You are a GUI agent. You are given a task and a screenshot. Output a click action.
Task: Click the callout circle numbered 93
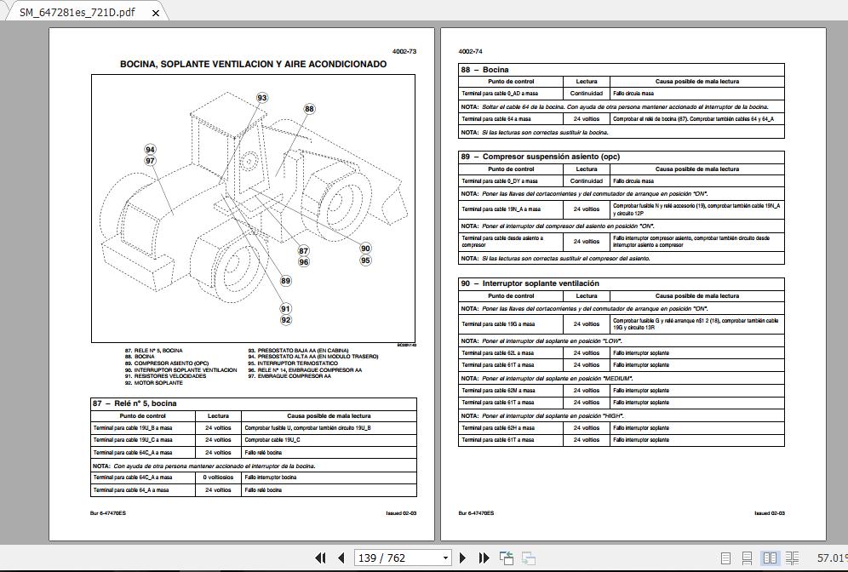(x=262, y=98)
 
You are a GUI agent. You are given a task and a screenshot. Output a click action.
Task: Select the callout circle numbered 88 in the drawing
(x=309, y=109)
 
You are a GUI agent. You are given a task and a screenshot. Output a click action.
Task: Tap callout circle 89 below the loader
(x=285, y=281)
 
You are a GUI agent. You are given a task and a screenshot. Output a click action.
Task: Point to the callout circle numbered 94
(x=150, y=150)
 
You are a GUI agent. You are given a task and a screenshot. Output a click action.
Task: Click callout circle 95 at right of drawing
(x=365, y=260)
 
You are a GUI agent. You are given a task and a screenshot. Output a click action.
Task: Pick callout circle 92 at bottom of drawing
(x=286, y=320)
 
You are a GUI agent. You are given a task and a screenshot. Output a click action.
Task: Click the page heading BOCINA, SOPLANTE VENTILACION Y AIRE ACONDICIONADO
(x=253, y=64)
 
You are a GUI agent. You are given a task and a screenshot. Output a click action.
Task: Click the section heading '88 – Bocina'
(x=485, y=70)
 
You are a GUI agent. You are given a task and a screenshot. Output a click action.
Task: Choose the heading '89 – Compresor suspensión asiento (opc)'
(x=540, y=157)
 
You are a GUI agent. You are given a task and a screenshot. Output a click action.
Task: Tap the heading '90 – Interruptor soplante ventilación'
(x=530, y=283)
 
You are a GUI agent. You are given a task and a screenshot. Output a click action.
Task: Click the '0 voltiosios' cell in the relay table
(x=218, y=478)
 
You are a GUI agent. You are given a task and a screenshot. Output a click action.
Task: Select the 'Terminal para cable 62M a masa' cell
(x=498, y=391)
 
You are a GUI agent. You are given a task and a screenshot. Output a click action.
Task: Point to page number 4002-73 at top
(x=404, y=52)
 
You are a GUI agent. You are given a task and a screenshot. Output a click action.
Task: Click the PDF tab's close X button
(x=155, y=12)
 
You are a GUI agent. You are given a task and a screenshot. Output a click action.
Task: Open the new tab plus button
(x=181, y=12)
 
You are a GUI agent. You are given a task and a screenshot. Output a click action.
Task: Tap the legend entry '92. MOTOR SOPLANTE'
(x=153, y=383)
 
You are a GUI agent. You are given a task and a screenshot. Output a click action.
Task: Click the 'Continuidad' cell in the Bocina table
(x=587, y=94)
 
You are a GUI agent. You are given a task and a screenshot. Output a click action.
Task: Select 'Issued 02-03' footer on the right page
(x=769, y=513)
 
